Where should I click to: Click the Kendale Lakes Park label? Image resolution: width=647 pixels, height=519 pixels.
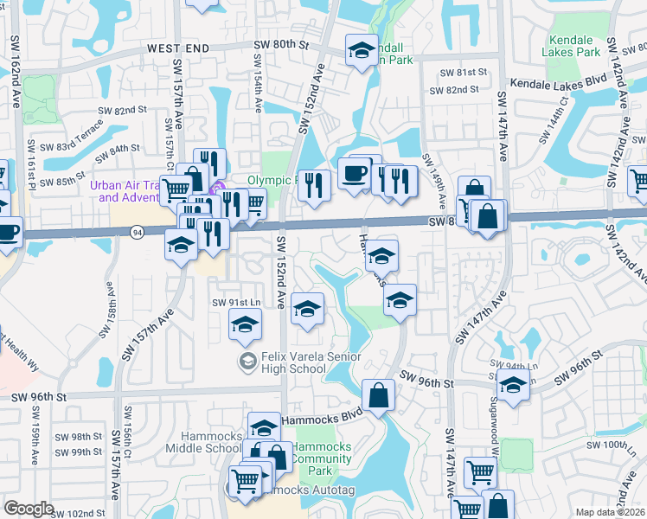click(x=572, y=47)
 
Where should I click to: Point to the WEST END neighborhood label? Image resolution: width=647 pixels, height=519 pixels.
click(x=178, y=49)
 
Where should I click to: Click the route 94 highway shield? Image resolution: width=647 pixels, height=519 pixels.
click(x=137, y=232)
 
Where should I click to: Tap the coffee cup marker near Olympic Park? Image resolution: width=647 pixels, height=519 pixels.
click(x=354, y=173)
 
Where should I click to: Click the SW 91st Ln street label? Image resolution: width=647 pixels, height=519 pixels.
click(x=236, y=303)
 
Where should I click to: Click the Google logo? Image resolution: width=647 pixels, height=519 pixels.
click(x=29, y=509)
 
